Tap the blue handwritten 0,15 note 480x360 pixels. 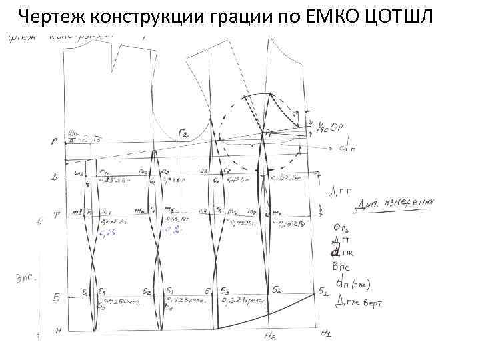coord(108,232)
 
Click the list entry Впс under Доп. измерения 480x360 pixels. coord(341,265)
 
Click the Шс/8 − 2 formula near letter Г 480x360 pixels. coord(86,137)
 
